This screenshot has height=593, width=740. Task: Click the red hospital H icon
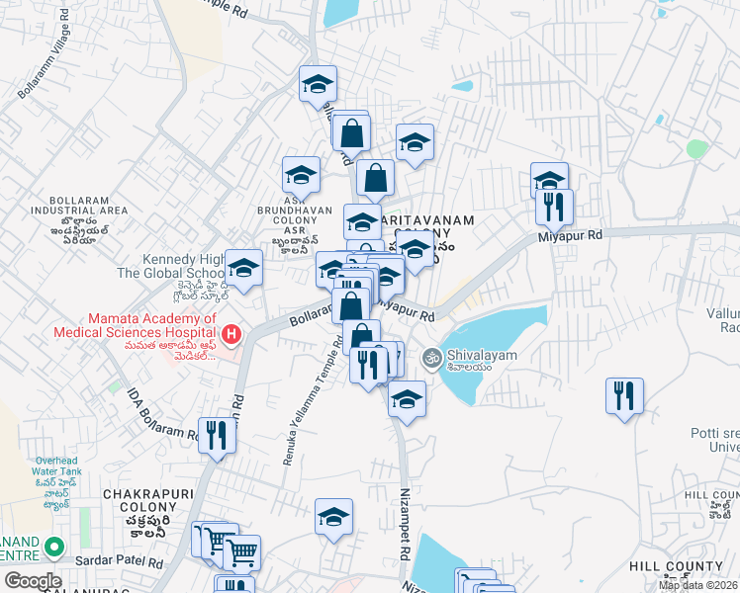(x=231, y=335)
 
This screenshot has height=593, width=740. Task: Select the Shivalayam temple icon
(x=431, y=357)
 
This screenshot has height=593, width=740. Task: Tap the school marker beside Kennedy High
(x=243, y=268)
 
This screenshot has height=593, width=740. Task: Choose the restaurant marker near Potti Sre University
(x=624, y=396)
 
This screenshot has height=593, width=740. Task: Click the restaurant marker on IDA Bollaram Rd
(x=217, y=435)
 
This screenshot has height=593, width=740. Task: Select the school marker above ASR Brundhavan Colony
(x=301, y=175)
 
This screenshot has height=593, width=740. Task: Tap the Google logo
(x=33, y=581)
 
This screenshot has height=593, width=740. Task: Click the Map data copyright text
(x=697, y=585)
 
